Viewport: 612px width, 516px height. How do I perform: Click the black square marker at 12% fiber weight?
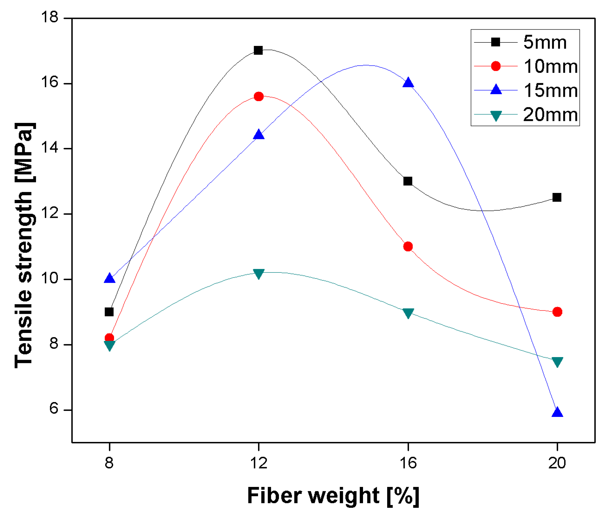click(258, 50)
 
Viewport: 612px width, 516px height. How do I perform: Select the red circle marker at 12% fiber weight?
click(259, 96)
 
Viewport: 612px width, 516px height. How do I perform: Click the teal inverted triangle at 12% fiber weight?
click(259, 274)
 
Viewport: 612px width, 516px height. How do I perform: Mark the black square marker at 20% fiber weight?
click(557, 198)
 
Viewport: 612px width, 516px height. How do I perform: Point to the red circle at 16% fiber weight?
click(408, 246)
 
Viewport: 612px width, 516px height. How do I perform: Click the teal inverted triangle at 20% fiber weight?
click(557, 362)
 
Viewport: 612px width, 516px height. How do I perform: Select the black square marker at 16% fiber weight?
click(408, 181)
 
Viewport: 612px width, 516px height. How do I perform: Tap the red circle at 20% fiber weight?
click(557, 312)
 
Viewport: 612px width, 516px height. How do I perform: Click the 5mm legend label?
click(545, 42)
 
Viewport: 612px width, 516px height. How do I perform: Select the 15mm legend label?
click(551, 90)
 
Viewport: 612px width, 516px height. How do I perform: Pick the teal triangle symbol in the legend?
click(496, 116)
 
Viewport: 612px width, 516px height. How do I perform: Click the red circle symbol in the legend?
click(496, 66)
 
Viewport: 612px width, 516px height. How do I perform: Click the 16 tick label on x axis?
click(408, 463)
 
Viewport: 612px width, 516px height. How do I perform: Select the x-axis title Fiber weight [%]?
click(333, 496)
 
